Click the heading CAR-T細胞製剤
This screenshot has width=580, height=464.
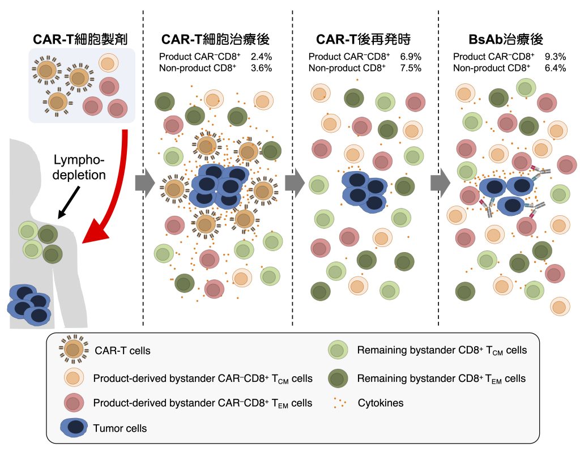point(80,39)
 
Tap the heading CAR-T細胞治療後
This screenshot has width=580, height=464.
point(216,39)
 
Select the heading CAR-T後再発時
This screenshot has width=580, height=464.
point(363,39)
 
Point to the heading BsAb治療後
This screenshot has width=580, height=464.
point(506,39)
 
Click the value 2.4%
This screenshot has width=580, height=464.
point(261,57)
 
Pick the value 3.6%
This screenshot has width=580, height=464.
point(261,68)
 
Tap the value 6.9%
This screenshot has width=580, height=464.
point(411,57)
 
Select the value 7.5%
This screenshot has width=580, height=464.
point(411,68)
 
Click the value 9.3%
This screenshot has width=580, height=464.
point(555,57)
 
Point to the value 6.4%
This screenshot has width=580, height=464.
point(555,68)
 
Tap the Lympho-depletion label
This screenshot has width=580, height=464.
point(79,167)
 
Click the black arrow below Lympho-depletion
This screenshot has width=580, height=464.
point(69,202)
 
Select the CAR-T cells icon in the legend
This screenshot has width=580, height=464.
point(74,350)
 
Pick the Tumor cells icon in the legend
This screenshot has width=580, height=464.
point(74,428)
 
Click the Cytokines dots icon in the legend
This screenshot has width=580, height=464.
point(340,403)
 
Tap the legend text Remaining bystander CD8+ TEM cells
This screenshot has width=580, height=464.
point(441,378)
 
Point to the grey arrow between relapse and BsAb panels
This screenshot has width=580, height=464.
point(440,183)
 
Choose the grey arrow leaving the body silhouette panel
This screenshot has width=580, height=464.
point(144,183)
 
